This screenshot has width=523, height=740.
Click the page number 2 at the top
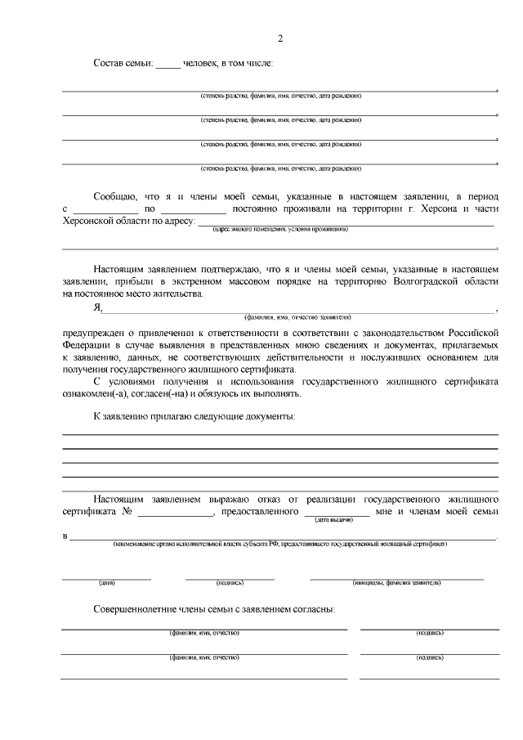(x=280, y=38)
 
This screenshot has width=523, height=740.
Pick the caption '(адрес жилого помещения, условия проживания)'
(x=280, y=230)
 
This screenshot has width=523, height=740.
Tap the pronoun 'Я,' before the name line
(x=97, y=307)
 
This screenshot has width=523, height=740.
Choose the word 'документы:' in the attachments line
(x=268, y=416)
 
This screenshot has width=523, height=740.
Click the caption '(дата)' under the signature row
(x=107, y=583)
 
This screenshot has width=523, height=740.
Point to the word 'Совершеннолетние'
(x=138, y=610)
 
